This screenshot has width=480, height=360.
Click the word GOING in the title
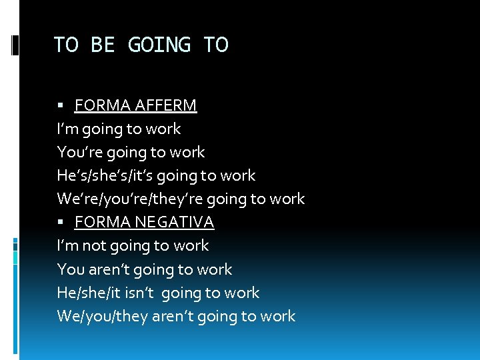pyautogui.click(x=159, y=45)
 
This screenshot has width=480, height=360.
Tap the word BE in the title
pyautogui.click(x=103, y=45)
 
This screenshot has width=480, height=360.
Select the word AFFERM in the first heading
pyautogui.click(x=167, y=105)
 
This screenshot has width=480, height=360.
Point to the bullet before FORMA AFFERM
pyautogui.click(x=61, y=105)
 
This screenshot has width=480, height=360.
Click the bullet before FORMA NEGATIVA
pyautogui.click(x=61, y=222)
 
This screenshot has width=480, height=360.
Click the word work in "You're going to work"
pyautogui.click(x=187, y=152)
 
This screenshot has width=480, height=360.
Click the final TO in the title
pyautogui.click(x=215, y=45)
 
